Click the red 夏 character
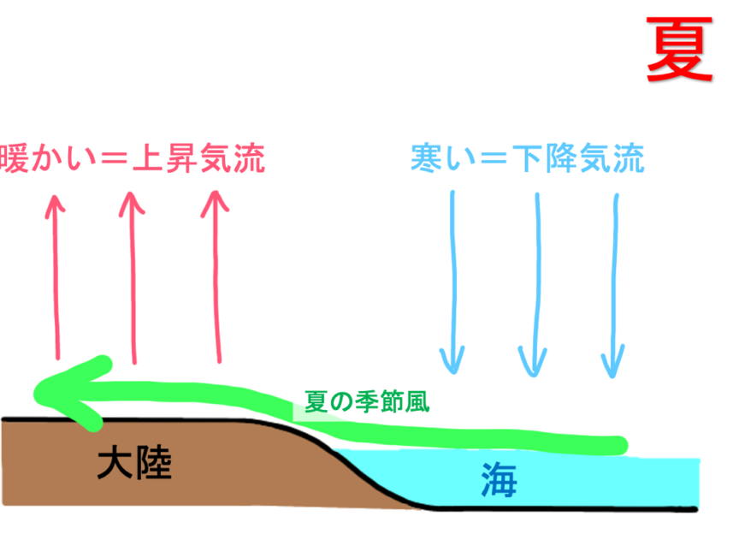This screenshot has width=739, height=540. click(679, 50)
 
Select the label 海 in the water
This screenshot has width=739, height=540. click(499, 479)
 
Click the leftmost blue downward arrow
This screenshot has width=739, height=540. click(452, 282)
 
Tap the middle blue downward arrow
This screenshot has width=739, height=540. click(535, 282)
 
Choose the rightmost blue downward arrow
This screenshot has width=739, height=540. click(613, 282)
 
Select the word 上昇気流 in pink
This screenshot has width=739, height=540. click(198, 159)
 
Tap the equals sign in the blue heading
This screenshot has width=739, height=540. click(490, 160)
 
